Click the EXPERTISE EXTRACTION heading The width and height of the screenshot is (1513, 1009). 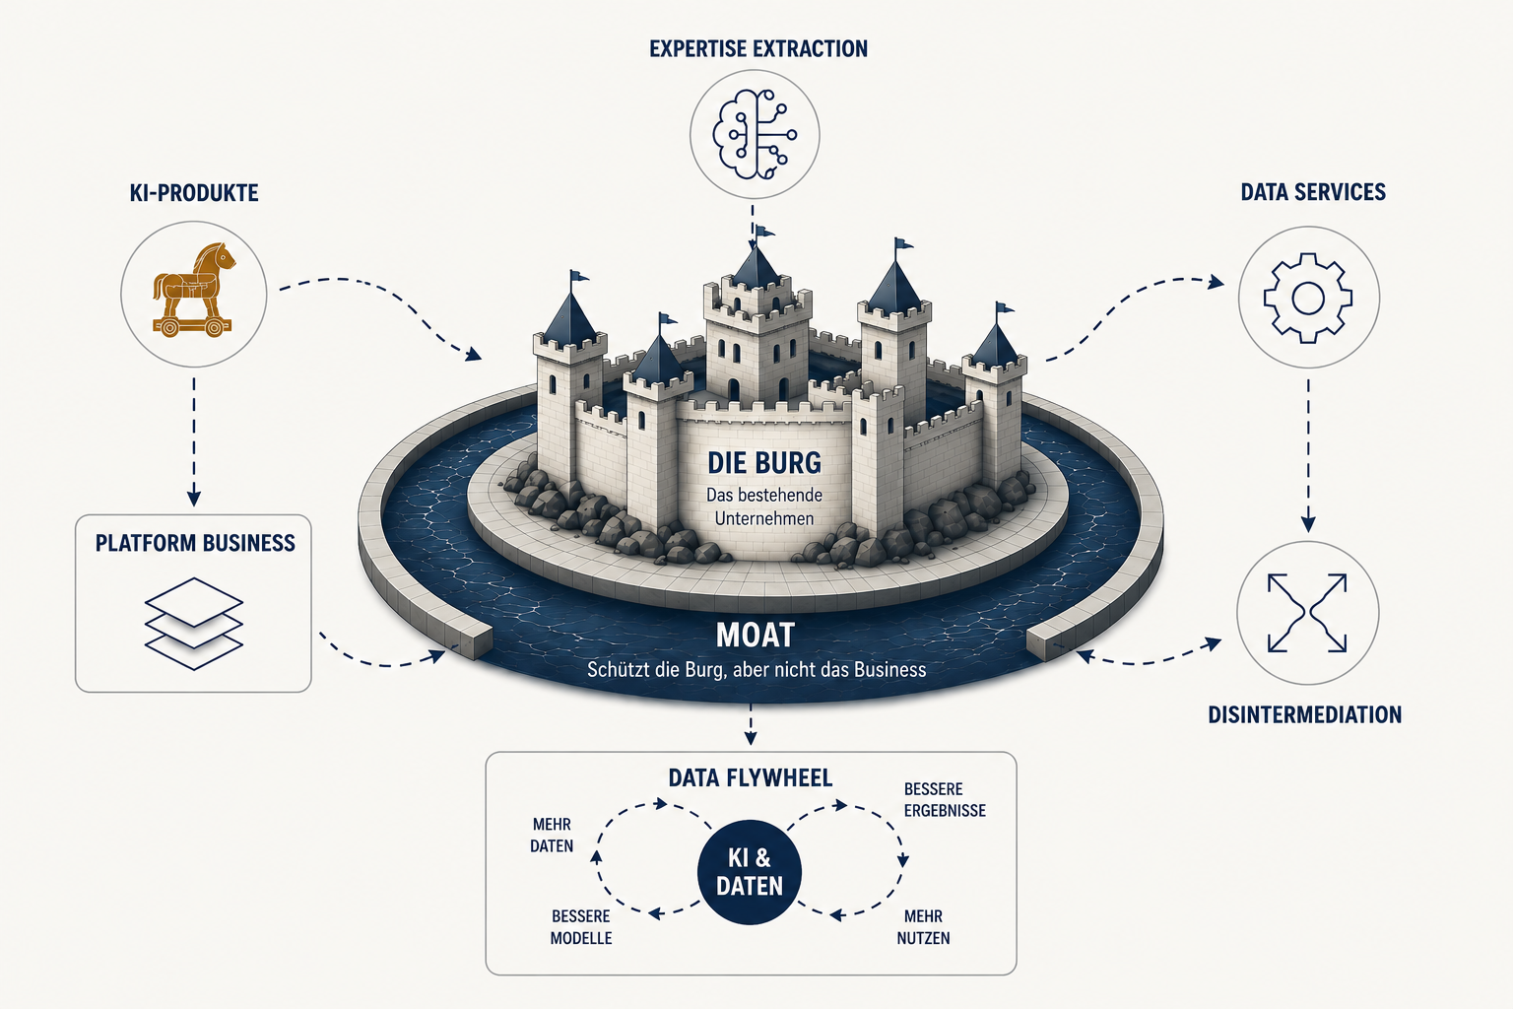click(x=758, y=48)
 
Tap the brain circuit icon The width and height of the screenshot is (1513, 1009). click(x=755, y=134)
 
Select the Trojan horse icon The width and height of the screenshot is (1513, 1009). click(x=193, y=290)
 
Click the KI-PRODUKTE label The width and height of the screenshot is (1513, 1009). click(x=194, y=192)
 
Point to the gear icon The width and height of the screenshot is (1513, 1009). click(x=1308, y=298)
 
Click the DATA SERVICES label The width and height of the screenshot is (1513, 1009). click(x=1313, y=192)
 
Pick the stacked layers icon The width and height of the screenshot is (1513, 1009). click(x=194, y=623)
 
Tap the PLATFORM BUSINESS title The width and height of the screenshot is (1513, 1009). click(x=195, y=543)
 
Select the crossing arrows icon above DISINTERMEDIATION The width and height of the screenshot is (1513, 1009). click(x=1308, y=613)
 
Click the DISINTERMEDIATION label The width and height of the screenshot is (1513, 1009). click(x=1305, y=714)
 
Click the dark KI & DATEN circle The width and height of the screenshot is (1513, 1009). click(x=750, y=872)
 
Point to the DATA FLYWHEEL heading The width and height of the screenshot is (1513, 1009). click(x=751, y=777)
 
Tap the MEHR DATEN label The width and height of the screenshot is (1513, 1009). click(x=552, y=836)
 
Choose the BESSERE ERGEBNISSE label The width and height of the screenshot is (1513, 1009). click(x=945, y=800)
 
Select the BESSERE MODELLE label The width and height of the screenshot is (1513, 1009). click(x=581, y=927)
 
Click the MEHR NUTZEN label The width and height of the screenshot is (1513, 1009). click(x=923, y=927)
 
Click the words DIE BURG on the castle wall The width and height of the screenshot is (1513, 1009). click(x=764, y=463)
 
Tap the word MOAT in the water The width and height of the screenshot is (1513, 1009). click(x=756, y=635)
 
